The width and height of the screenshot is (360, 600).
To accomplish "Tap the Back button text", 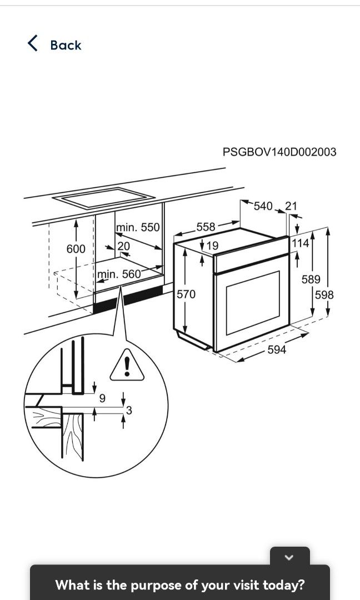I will [66, 45].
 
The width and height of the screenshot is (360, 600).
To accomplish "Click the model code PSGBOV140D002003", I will [279, 152].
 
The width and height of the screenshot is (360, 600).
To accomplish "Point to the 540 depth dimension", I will [263, 206].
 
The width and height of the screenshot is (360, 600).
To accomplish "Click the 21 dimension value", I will [291, 206].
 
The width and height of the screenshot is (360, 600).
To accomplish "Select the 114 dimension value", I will [300, 243].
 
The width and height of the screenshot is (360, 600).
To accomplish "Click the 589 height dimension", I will [311, 279].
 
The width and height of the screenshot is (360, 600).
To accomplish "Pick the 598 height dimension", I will [324, 295].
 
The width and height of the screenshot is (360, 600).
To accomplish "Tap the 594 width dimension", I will [277, 349].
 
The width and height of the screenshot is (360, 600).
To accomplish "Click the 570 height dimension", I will [186, 294].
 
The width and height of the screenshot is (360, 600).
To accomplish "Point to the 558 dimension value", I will [206, 227].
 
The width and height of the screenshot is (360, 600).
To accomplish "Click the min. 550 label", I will [138, 227].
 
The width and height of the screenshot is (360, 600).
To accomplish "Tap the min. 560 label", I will [119, 274].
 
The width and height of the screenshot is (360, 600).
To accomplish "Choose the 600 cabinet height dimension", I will [76, 249].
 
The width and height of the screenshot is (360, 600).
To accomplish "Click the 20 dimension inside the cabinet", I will [123, 245].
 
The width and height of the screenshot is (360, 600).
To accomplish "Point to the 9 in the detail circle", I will [102, 398].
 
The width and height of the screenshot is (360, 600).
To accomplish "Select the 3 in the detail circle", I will [129, 411].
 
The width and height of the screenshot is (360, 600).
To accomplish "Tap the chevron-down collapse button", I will [289, 557].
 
